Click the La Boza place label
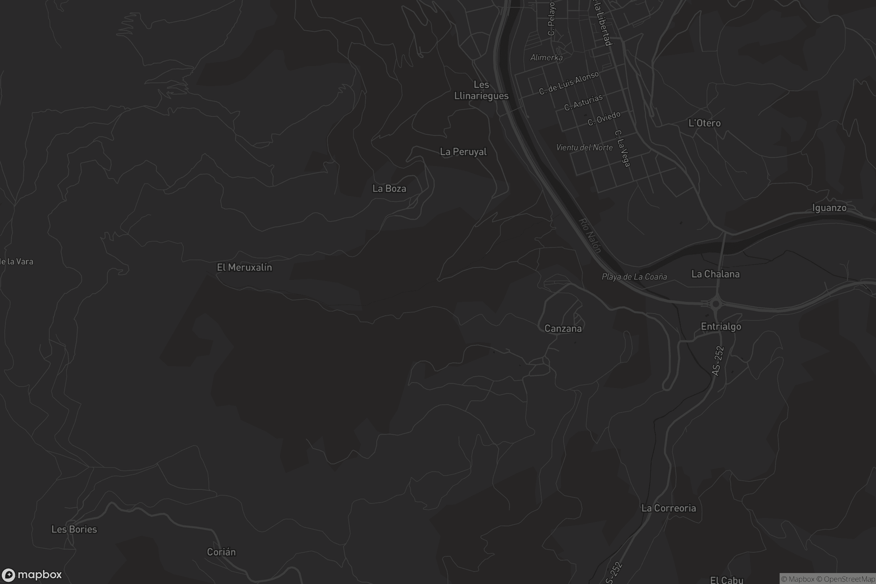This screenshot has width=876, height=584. tap(389, 188)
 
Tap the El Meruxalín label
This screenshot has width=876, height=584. tap(244, 268)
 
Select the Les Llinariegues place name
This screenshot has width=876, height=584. tap(481, 90)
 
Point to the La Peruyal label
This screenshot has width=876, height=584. tap(463, 152)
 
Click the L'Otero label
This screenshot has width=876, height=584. tap(704, 123)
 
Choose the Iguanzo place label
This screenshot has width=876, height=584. tap(829, 208)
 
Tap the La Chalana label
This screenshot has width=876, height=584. tap(715, 274)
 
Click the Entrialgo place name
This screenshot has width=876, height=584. tap(721, 327)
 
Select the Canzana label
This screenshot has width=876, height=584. tap(563, 328)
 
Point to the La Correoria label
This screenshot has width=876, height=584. tap(669, 508)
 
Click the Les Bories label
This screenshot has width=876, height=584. tap(74, 529)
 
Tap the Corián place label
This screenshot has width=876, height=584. tap(221, 552)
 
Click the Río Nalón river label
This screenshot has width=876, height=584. tap(590, 235)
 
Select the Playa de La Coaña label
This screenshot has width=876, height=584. tap(634, 277)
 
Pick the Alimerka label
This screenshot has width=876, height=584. tap(546, 57)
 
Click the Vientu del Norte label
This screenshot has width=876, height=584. tap(584, 147)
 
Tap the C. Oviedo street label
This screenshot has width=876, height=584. tap(604, 118)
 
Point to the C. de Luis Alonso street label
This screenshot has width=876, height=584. tap(569, 83)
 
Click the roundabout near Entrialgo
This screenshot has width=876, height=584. tap(715, 304)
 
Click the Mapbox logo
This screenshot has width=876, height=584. tap(32, 575)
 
